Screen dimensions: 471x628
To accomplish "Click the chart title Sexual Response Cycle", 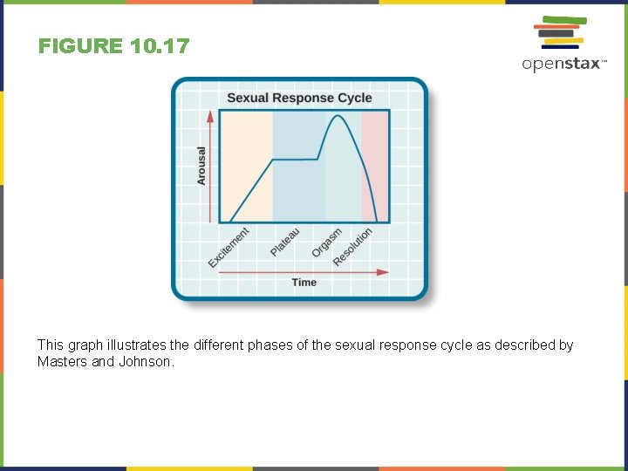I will pyautogui.click(x=299, y=98).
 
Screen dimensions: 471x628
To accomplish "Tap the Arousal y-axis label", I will pyautogui.click(x=201, y=165).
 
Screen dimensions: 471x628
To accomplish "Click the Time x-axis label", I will pyautogui.click(x=304, y=283).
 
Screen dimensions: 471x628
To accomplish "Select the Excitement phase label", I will pyautogui.click(x=229, y=248).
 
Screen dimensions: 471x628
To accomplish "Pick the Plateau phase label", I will pyautogui.click(x=285, y=242).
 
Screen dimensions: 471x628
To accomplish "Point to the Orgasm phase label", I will pyautogui.click(x=327, y=242).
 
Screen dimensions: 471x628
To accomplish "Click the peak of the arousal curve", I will pyautogui.click(x=336, y=116).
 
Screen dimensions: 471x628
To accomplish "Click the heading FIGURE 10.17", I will pyautogui.click(x=113, y=46).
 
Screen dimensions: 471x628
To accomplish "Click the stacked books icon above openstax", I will pyautogui.click(x=559, y=32).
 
